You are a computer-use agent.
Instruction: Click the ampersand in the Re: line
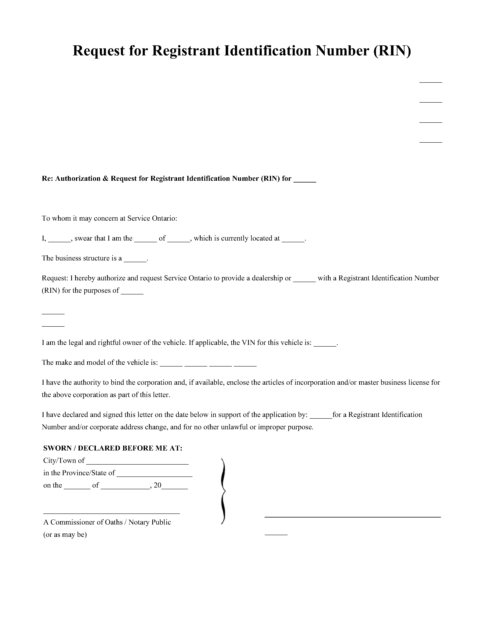pyautogui.click(x=105, y=179)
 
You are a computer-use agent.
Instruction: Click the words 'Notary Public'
pyautogui.click(x=150, y=522)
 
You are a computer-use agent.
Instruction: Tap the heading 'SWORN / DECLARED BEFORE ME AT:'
pyautogui.click(x=113, y=448)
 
